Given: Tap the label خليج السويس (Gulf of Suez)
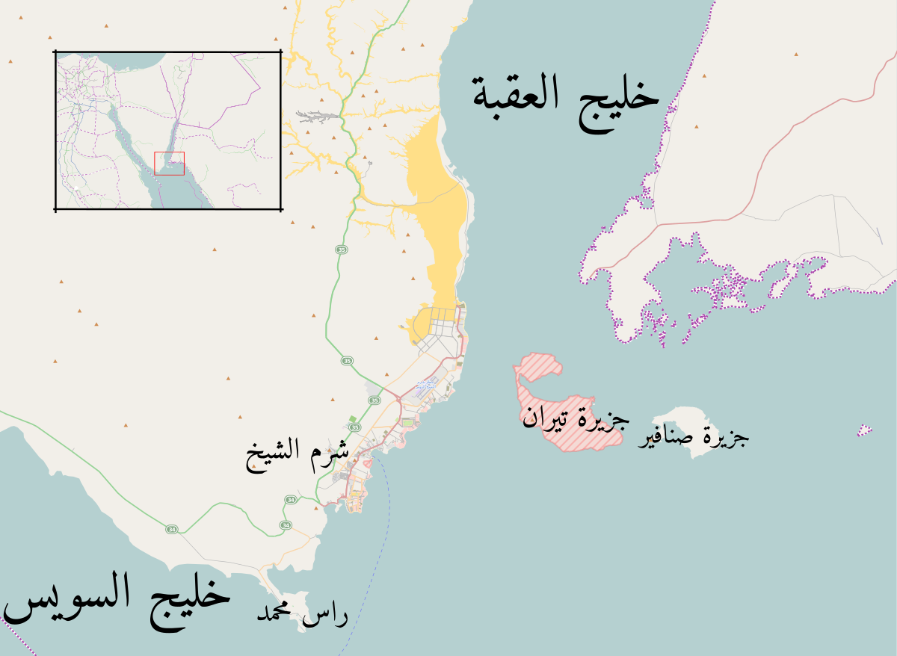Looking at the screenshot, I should click(116, 600).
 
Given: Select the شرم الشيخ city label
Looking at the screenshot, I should click(298, 457).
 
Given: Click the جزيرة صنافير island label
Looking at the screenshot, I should click(693, 437).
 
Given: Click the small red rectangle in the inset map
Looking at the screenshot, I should click(169, 163).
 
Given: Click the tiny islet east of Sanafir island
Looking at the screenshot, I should click(865, 430).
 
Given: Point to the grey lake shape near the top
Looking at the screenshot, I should click(317, 117).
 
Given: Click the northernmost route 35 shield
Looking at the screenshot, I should click(342, 249).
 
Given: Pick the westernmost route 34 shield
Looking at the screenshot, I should click(172, 529).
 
